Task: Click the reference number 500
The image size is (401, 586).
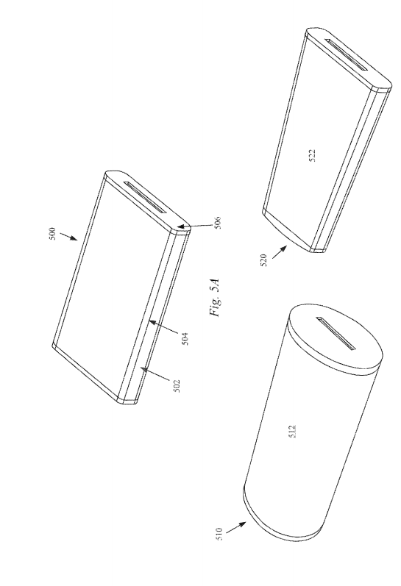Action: click(53, 234)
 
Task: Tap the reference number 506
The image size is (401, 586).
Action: click(219, 223)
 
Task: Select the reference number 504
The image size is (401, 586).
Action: click(185, 339)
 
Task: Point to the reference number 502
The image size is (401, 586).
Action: click(177, 386)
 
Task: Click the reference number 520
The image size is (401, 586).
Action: click(263, 260)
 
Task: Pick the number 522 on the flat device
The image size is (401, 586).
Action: click(313, 155)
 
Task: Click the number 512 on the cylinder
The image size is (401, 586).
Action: click(293, 432)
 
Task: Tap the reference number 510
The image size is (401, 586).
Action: click(219, 534)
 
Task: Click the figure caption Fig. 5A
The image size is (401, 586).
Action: click(216, 298)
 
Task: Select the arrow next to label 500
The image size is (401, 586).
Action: click(68, 237)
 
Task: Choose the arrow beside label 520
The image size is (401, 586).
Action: click(279, 251)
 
